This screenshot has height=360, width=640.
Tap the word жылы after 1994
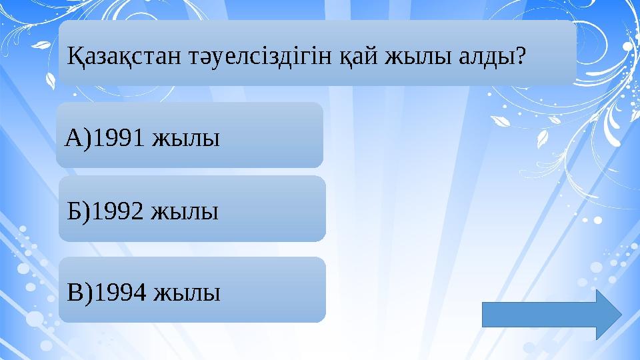(x=186, y=293)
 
